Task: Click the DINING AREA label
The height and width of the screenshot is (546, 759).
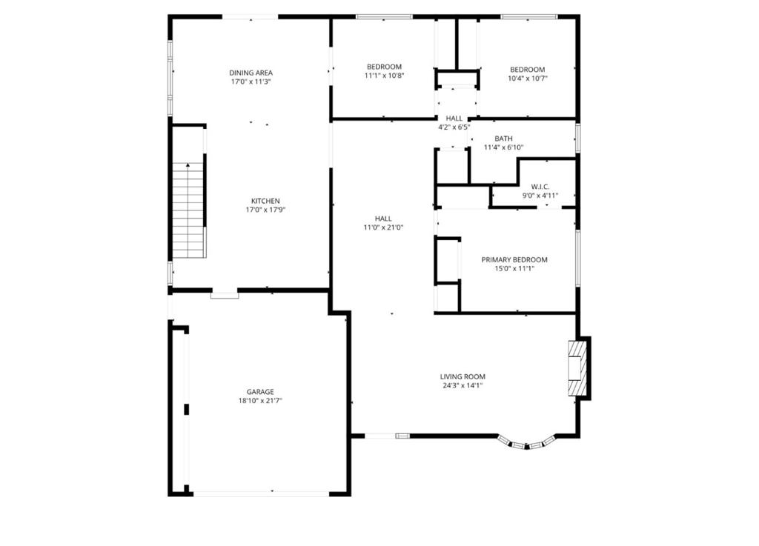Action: (x=251, y=73)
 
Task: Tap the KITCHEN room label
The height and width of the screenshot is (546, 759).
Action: (x=265, y=202)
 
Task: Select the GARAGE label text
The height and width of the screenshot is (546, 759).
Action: (x=260, y=392)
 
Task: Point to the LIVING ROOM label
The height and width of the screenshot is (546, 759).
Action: (x=463, y=377)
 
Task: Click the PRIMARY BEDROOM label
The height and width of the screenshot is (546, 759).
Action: (x=514, y=260)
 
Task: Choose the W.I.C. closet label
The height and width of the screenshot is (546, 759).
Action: (x=540, y=187)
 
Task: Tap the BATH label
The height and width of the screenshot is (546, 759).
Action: (x=503, y=139)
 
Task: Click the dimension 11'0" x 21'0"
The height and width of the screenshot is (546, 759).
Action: (x=383, y=227)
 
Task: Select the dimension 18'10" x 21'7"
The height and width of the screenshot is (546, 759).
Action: (x=260, y=401)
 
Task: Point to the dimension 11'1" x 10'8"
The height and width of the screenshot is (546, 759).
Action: (x=385, y=76)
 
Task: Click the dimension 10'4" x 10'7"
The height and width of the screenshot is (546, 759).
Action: (x=528, y=79)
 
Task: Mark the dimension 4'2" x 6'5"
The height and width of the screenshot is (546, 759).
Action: (x=454, y=127)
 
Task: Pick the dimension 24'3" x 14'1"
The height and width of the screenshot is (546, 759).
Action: (x=463, y=386)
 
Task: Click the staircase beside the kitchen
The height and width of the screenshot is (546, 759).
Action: (x=188, y=210)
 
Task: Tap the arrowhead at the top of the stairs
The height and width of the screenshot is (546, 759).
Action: (x=188, y=165)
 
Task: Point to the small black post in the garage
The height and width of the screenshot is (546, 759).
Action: (x=186, y=409)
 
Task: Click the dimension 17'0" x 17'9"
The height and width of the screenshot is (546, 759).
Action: (x=265, y=210)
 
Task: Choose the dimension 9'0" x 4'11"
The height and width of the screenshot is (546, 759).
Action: (x=540, y=196)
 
